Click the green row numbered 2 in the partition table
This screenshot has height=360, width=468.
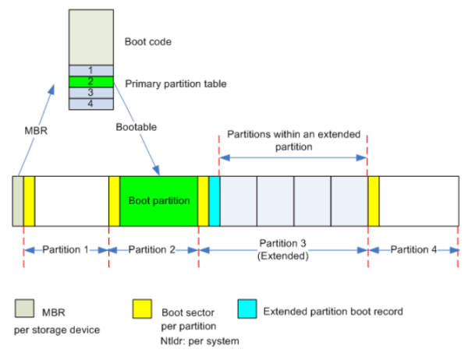click(92, 81)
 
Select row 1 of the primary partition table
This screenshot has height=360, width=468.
click(92, 70)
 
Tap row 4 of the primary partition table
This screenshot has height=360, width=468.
click(92, 103)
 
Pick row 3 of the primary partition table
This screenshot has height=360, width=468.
click(92, 92)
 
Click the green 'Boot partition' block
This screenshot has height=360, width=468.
click(158, 201)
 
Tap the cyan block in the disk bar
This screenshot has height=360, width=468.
click(214, 201)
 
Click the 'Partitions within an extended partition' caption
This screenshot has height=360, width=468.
click(292, 140)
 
